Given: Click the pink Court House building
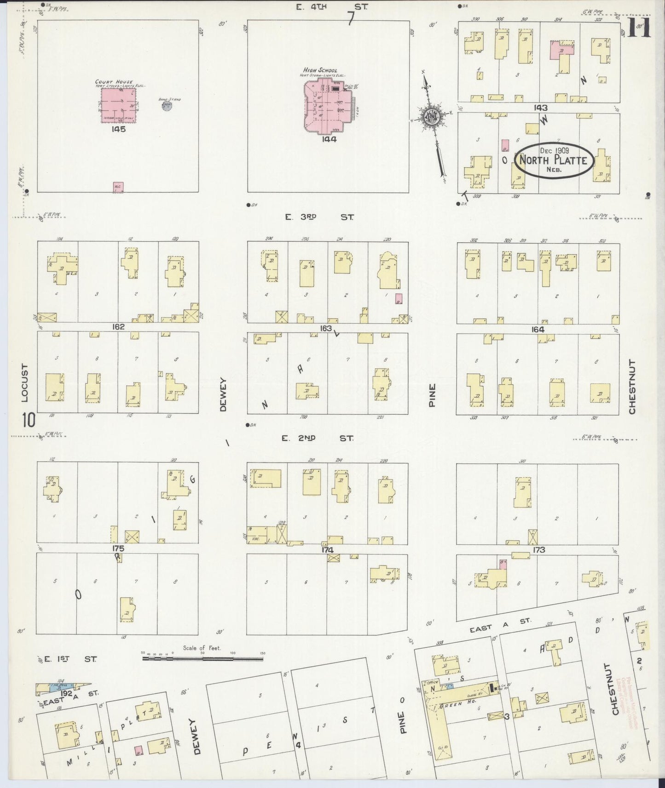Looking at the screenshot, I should (x=118, y=105).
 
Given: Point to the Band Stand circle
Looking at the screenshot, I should (x=167, y=105).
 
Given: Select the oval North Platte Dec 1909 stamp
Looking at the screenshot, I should (x=553, y=160).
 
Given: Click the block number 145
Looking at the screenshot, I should (x=119, y=129).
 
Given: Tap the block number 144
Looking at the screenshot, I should (x=330, y=139).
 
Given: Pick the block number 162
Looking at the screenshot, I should (x=118, y=327).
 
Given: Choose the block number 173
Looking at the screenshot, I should (x=538, y=549).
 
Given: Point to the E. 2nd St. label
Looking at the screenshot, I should (x=318, y=438).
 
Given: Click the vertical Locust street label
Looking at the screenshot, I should (x=25, y=383).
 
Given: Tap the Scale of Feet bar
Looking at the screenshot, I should (x=202, y=658).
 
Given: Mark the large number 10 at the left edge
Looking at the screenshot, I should (x=29, y=419).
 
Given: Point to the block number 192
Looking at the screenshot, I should (x=65, y=693).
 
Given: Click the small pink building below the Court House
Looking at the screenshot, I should (x=118, y=187).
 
